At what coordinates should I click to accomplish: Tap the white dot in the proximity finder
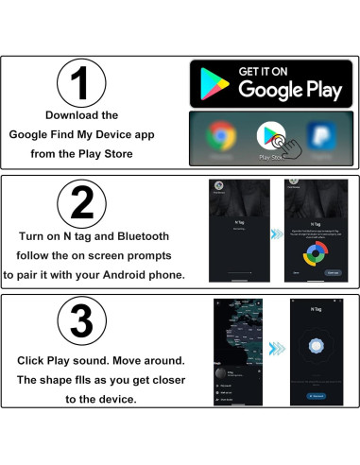(314, 349)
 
